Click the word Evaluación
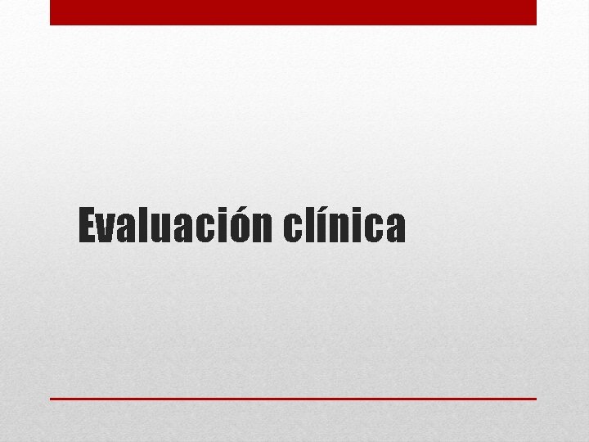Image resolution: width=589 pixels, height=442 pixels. [x=174, y=227]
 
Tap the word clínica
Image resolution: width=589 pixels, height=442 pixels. [x=344, y=227]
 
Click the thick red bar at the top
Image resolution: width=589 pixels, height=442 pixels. [x=293, y=12]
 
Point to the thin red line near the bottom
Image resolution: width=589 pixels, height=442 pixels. [x=293, y=399]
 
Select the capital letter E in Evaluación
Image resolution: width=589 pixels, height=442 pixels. [x=88, y=227]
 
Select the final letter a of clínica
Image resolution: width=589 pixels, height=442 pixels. [x=394, y=229]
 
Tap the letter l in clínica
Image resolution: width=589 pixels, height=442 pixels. [x=308, y=226]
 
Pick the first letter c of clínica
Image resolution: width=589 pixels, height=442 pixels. [x=293, y=229]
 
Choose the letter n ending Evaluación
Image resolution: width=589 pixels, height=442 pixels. [x=262, y=229]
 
